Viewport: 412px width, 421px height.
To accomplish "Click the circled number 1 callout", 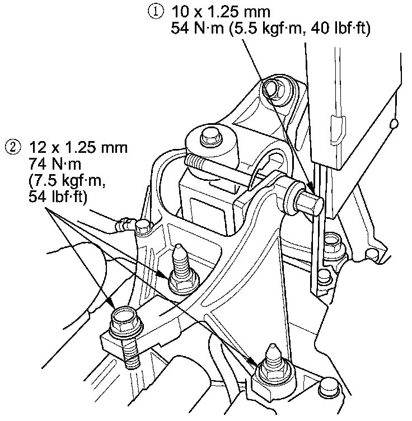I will (x=156, y=11).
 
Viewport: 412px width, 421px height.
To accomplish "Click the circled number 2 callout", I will (x=12, y=148).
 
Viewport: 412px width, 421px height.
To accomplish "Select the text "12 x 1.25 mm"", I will (x=77, y=148).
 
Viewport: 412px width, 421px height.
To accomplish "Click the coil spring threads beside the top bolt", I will (x=196, y=163).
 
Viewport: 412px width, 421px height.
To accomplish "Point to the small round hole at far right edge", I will (x=395, y=122).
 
